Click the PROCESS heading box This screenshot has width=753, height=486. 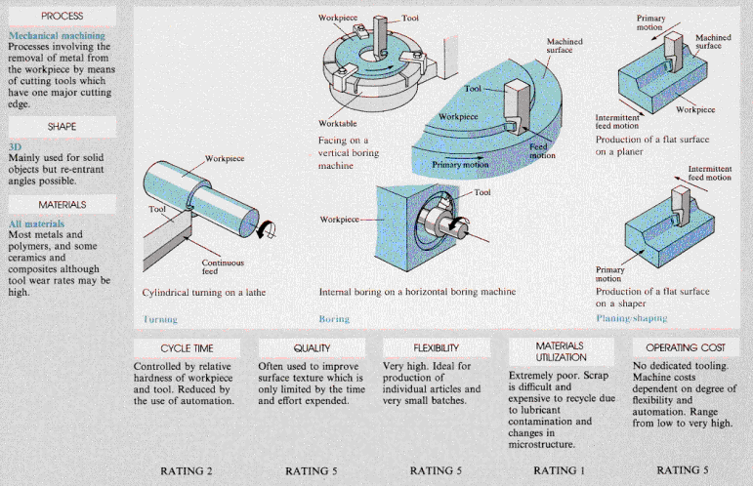[62, 17]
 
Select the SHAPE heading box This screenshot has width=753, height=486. [62, 127]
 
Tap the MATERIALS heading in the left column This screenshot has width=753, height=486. [62, 205]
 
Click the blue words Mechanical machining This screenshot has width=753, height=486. [50, 37]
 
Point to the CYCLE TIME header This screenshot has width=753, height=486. [187, 348]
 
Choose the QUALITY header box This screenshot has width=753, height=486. [312, 348]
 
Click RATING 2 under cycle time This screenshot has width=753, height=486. [187, 470]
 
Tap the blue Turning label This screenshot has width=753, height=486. [160, 319]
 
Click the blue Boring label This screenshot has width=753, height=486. [334, 319]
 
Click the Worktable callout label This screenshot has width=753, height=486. [338, 124]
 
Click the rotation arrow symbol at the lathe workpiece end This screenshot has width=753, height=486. [265, 228]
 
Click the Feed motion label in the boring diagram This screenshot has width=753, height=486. [542, 150]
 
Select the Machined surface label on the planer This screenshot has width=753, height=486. [712, 42]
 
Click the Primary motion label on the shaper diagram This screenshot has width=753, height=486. [608, 273]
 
